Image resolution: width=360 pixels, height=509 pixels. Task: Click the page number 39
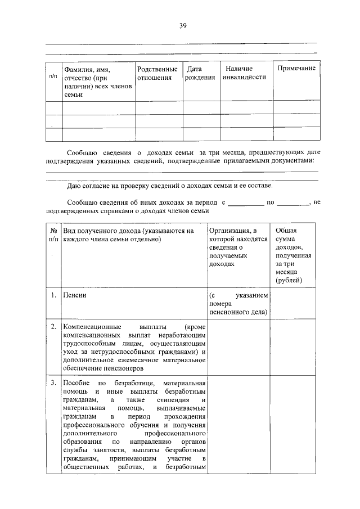point(183,25)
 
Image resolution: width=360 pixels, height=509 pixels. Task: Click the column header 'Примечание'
point(296,68)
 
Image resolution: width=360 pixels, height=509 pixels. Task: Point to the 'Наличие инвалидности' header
point(244,73)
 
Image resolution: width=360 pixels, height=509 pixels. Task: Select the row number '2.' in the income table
point(53,326)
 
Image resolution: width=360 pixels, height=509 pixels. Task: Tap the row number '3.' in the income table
point(53,384)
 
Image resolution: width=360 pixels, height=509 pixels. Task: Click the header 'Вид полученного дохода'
point(129,235)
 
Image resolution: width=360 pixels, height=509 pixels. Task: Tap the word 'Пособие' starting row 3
point(76,384)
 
